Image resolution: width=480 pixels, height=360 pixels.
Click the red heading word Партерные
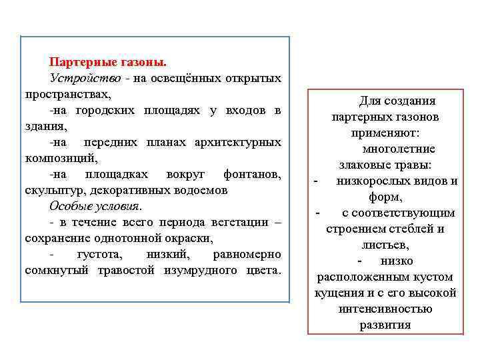point(79,62)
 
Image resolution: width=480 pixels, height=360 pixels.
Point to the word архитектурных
point(237,142)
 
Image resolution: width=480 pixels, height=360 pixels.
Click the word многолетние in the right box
point(399,149)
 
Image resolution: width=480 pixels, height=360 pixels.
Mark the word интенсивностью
point(385,309)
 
